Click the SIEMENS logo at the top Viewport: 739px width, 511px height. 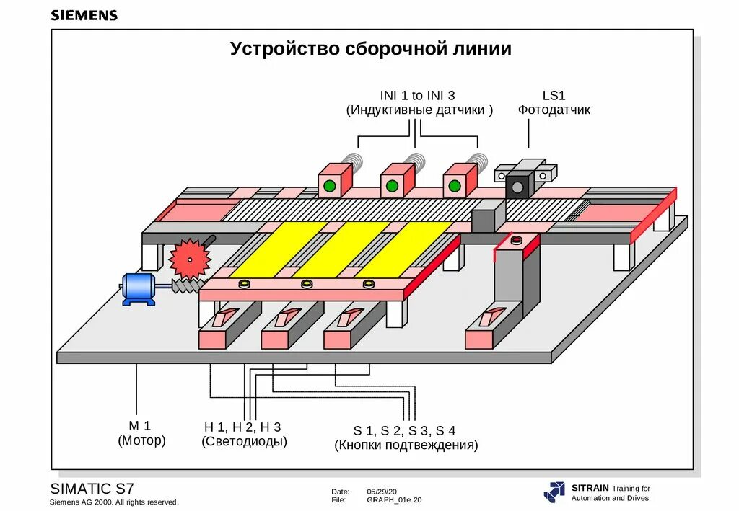click(84, 15)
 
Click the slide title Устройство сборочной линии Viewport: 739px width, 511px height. click(371, 49)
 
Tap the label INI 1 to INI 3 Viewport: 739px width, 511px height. click(418, 95)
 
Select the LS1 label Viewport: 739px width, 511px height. click(554, 95)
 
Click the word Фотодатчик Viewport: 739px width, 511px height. click(554, 110)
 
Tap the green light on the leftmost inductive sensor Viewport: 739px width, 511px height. click(330, 186)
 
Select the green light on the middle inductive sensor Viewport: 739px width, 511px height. click(392, 186)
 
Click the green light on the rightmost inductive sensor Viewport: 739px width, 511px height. click(454, 186)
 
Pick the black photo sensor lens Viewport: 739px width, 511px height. click(517, 187)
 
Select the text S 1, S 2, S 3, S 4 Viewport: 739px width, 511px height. click(404, 431)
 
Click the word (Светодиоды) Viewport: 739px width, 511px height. click(244, 442)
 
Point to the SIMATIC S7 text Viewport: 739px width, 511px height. click(92, 488)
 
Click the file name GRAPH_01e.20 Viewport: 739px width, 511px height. click(394, 499)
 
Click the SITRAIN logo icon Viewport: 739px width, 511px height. click(554, 492)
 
